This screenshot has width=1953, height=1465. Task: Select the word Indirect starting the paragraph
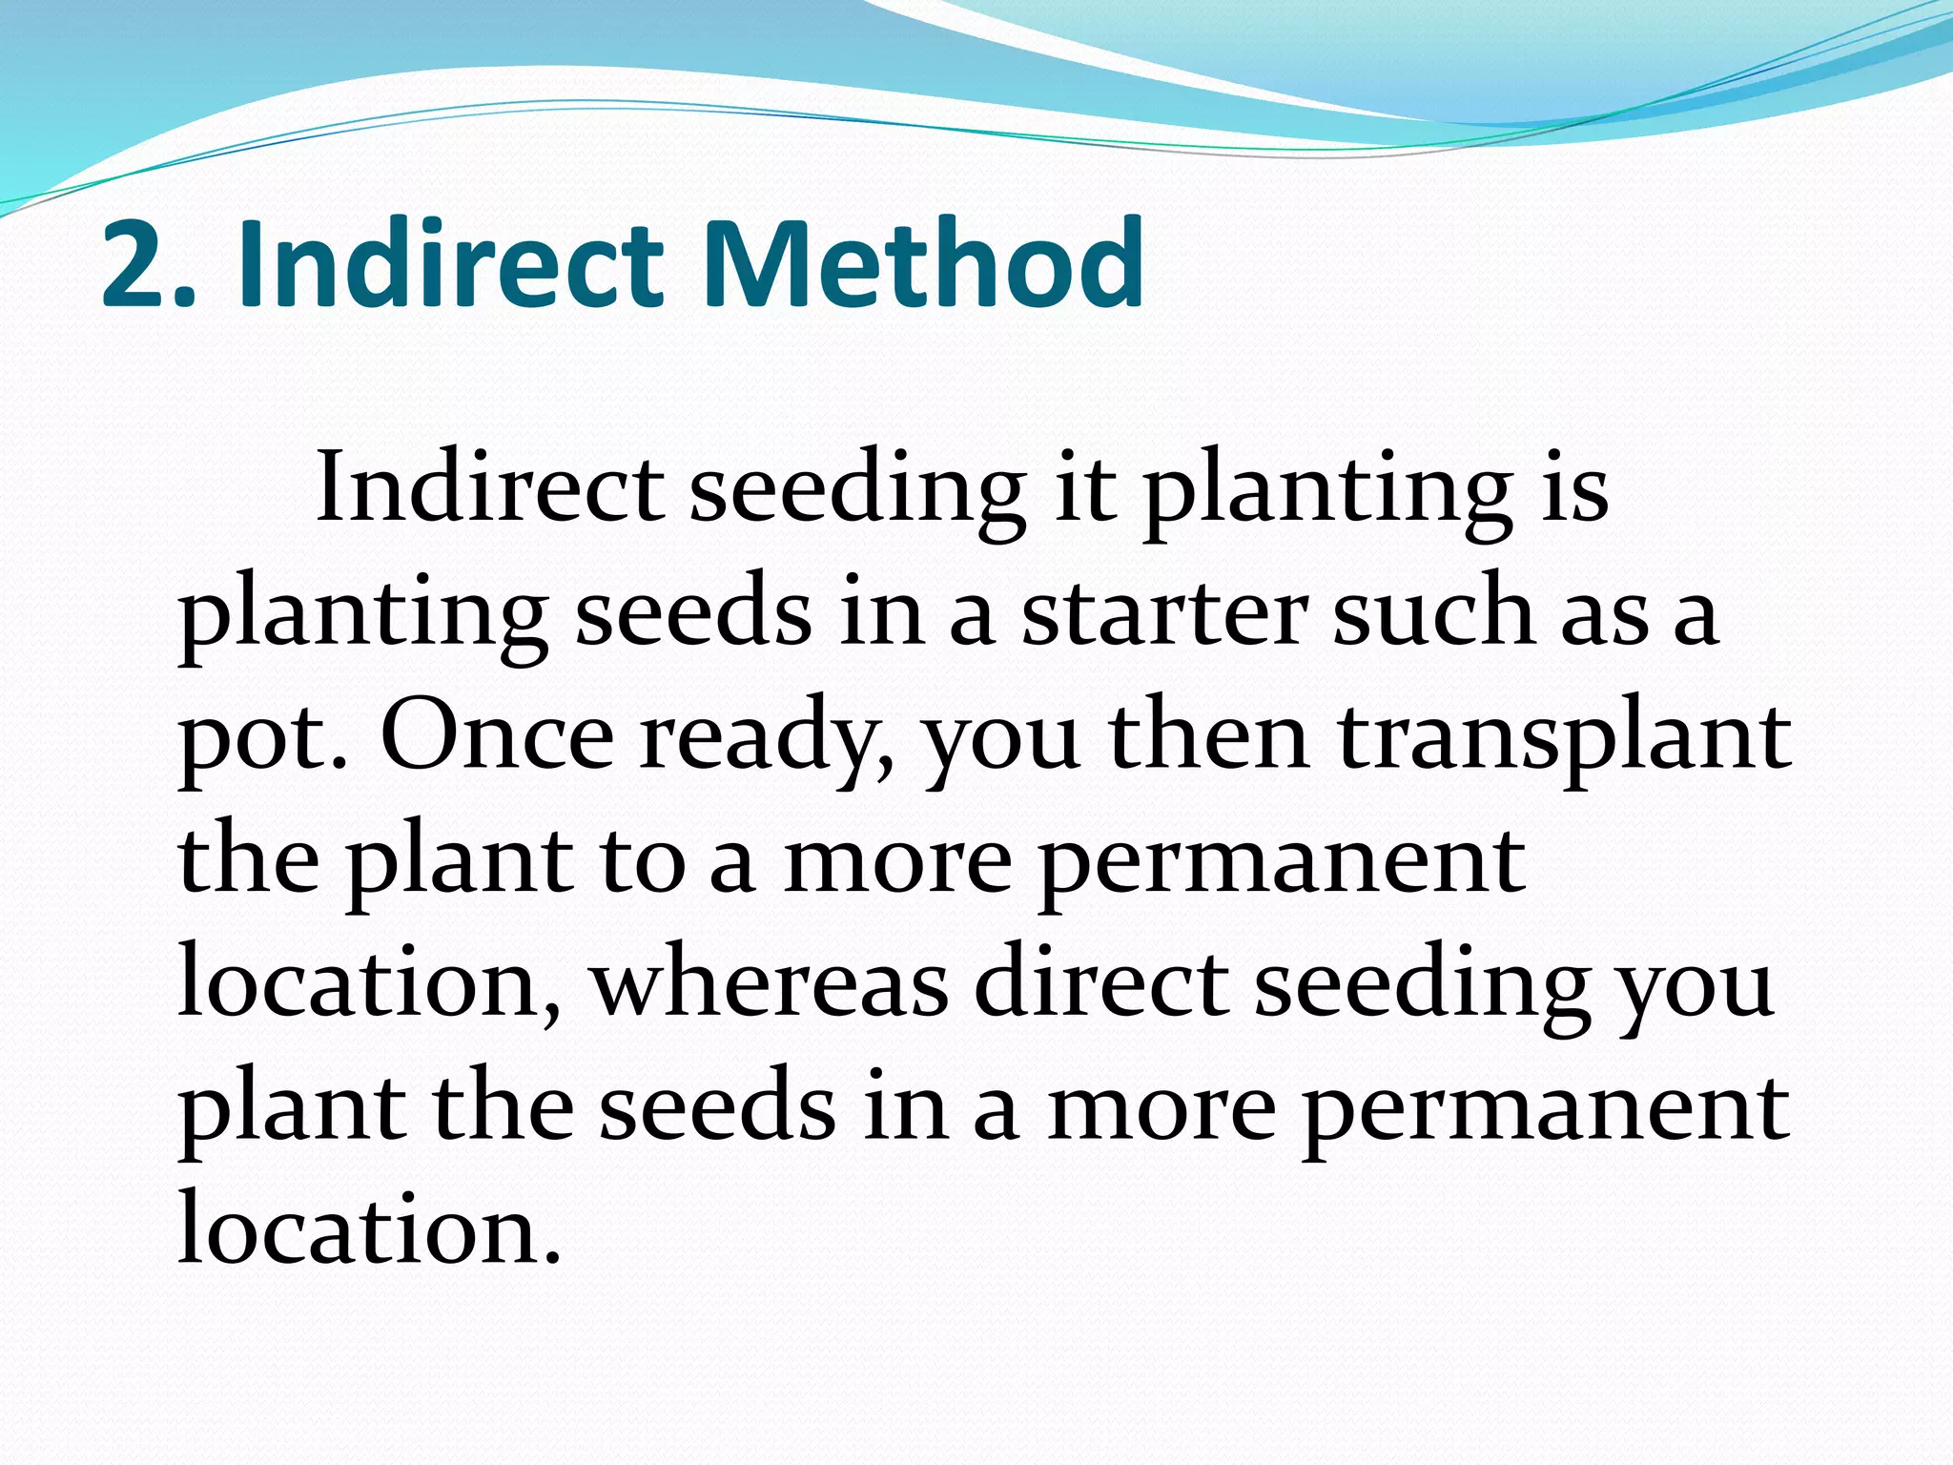pos(489,488)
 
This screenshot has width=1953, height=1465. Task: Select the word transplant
pos(1564,739)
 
